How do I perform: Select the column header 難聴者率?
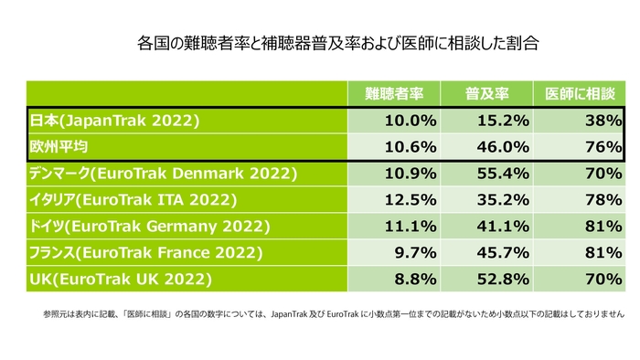tap(393, 94)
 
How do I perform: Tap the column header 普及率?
tap(486, 94)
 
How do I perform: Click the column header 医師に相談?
tap(580, 94)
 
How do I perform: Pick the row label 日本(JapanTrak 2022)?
tap(115, 121)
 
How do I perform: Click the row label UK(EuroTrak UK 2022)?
tap(122, 278)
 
